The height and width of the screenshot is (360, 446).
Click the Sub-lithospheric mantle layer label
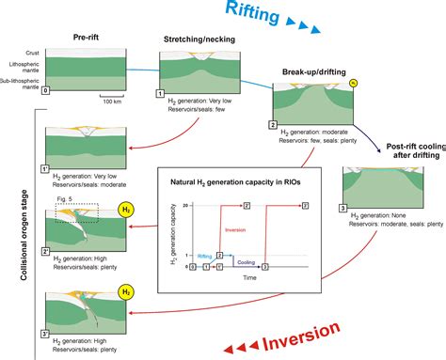[21, 82]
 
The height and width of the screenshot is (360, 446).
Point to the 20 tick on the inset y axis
[187, 204]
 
